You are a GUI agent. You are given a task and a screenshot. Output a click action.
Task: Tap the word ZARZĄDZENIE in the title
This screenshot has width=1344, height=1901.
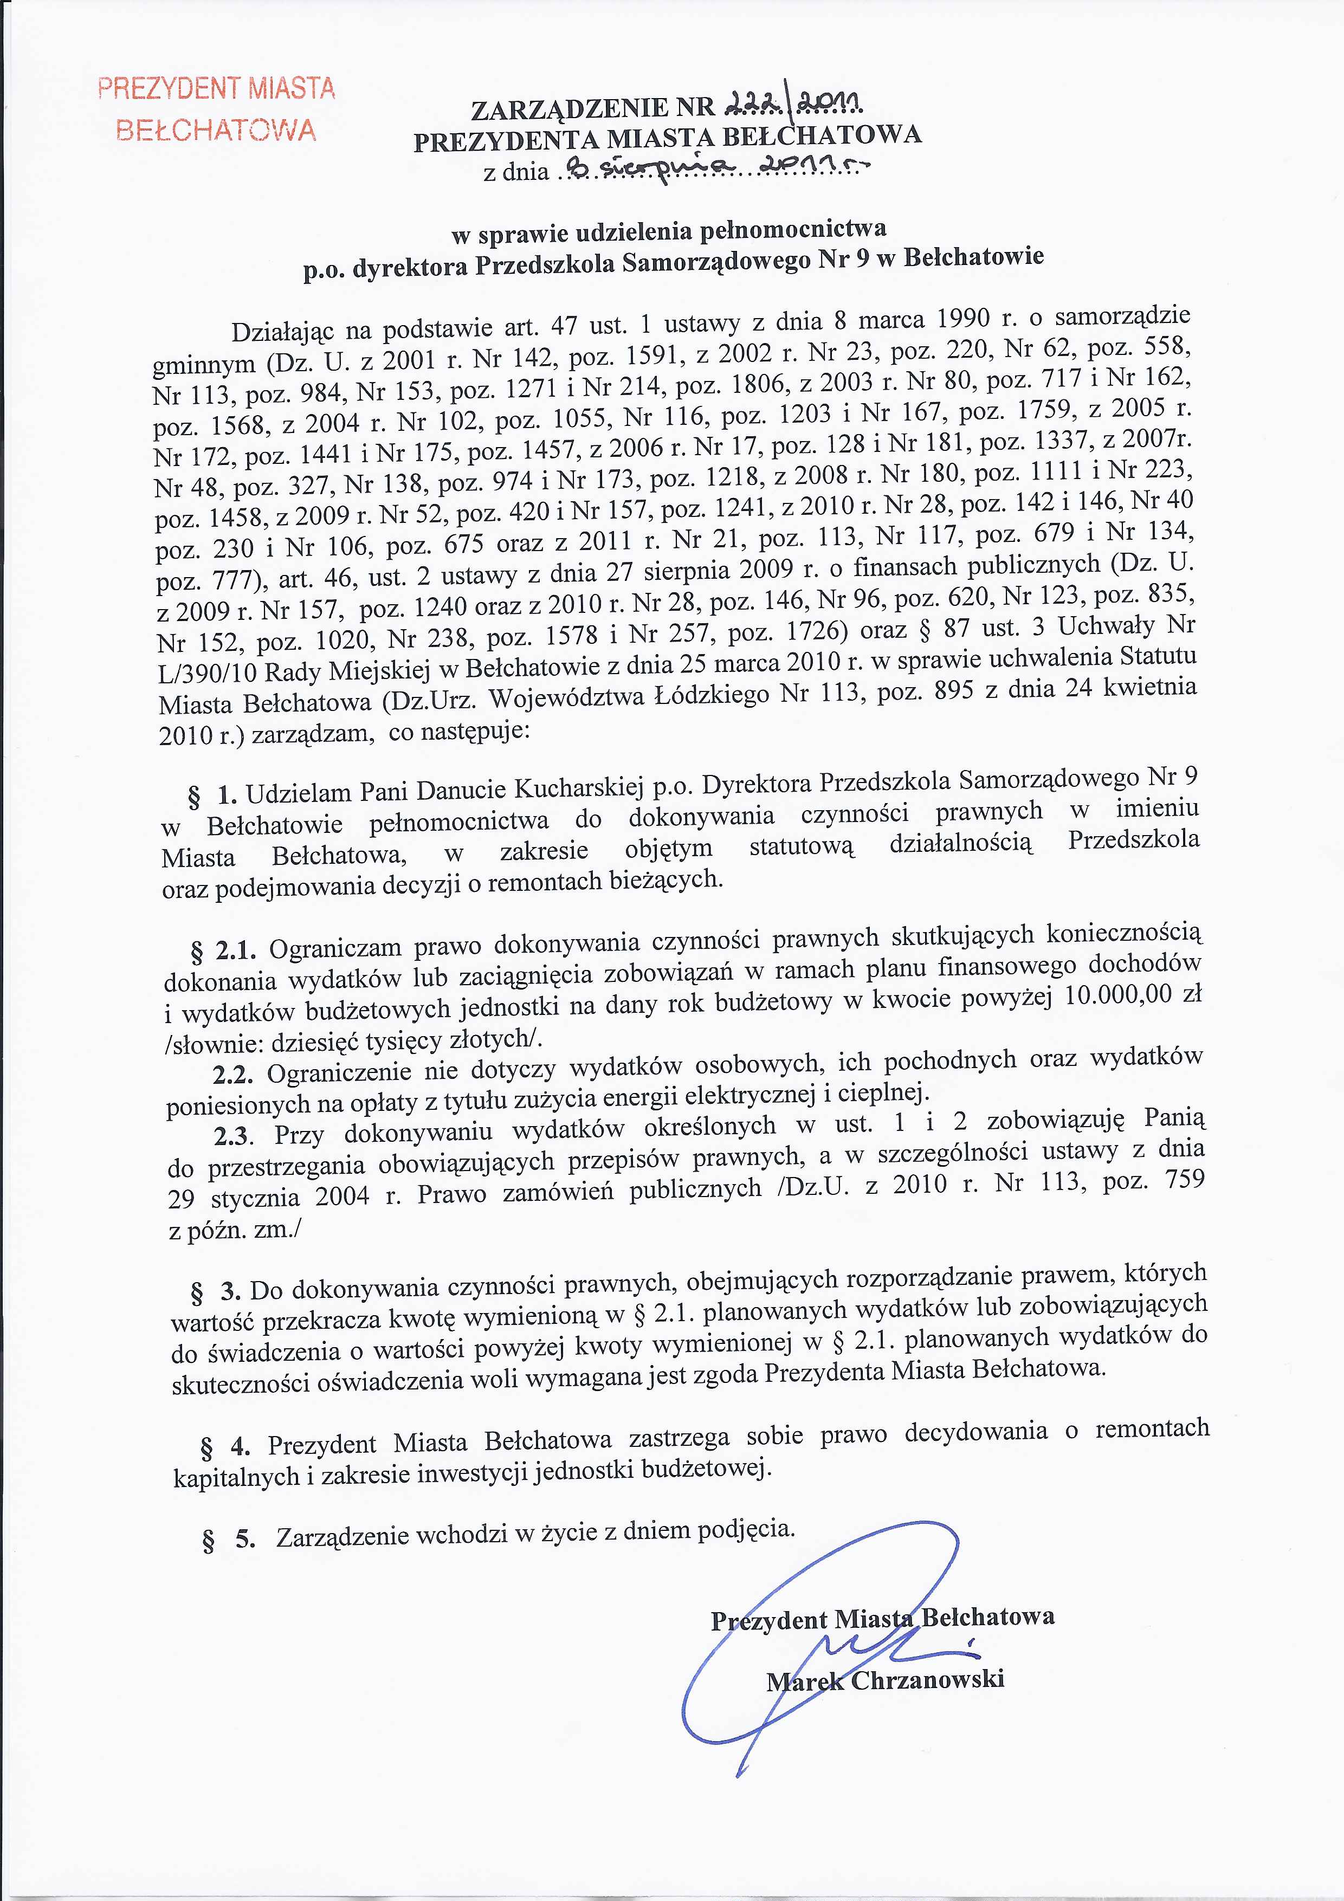(x=569, y=108)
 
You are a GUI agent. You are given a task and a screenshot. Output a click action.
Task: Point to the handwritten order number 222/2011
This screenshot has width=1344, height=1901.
(x=794, y=102)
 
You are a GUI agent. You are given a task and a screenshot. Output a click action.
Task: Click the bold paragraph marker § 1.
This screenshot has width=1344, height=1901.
(x=213, y=796)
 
